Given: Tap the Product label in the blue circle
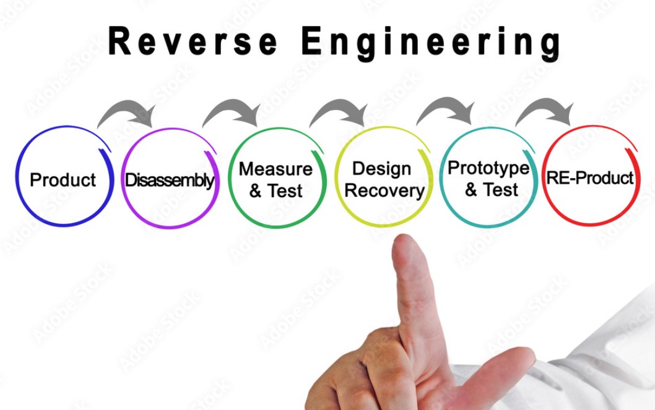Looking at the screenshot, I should click(63, 180).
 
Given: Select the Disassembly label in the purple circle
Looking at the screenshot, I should click(170, 181).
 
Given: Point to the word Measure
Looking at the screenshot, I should click(275, 169).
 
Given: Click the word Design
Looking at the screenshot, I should click(381, 169).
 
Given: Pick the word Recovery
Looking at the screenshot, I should click(384, 190).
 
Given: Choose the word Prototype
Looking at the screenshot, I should click(488, 168).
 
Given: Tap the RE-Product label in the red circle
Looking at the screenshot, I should click(590, 178).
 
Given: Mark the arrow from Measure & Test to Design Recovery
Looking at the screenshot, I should click(339, 112).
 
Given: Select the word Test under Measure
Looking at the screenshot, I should click(285, 191).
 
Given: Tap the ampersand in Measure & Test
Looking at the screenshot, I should click(256, 191).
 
